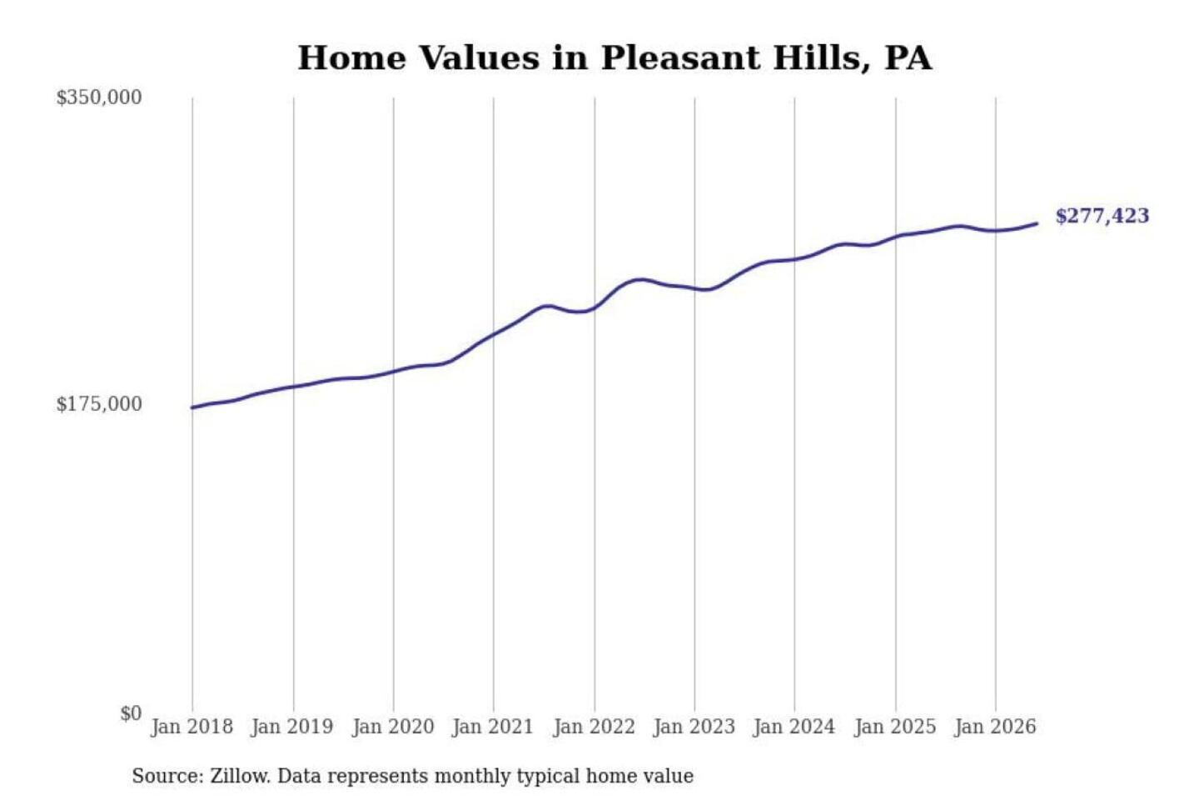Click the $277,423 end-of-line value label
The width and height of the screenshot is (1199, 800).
1102,216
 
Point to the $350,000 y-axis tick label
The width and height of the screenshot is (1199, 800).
99,97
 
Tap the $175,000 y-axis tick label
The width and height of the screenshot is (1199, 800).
99,404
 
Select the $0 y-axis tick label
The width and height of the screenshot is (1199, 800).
131,713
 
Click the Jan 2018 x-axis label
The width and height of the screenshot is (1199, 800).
192,727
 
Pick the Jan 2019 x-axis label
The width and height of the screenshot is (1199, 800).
292,727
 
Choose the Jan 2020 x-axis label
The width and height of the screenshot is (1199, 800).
393,727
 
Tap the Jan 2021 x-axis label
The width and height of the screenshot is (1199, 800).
493,727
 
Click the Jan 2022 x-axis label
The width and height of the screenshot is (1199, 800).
595,727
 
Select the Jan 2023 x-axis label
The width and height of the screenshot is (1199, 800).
694,727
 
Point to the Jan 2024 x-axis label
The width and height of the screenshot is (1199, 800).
794,727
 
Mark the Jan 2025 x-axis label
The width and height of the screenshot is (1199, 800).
896,727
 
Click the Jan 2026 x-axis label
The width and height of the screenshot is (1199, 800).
996,727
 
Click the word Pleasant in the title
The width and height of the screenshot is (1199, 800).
681,57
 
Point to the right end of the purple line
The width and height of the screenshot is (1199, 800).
1037,223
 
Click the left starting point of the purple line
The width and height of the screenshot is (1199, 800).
192,407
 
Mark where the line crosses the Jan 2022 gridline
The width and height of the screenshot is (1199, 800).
595,307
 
